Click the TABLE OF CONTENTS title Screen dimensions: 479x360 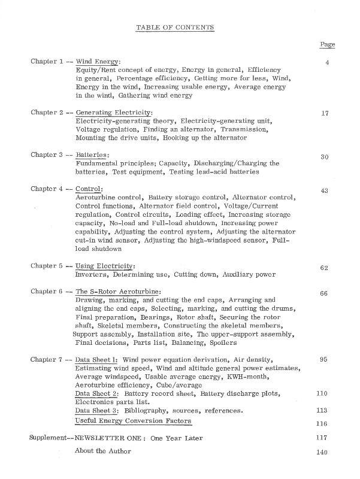tap(175, 28)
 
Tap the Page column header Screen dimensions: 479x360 tap(328, 44)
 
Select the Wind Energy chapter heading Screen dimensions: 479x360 tap(98, 61)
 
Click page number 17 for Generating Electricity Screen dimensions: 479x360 tap(325, 113)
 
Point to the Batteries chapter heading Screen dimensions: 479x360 tap(92, 155)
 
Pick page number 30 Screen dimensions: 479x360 tap(325, 157)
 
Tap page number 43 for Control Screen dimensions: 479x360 tap(325, 190)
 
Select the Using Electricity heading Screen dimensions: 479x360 tap(105, 266)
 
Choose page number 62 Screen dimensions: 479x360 tap(325, 268)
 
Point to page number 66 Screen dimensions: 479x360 tap(325, 293)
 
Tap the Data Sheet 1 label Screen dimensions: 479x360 tap(96, 359)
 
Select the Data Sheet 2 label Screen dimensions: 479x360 tap(96, 393)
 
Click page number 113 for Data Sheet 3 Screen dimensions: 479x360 tap(323, 411)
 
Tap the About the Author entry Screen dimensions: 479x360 tap(103, 451)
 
